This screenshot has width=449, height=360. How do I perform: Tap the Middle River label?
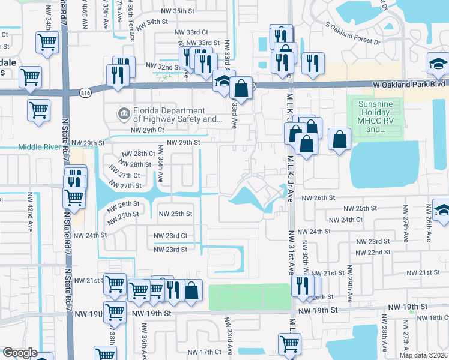coord(40,146)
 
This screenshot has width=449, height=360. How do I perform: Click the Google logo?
coord(20,353)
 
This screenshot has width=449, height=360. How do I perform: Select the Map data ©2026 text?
coord(423,355)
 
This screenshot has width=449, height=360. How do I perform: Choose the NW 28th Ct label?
coord(139,154)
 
